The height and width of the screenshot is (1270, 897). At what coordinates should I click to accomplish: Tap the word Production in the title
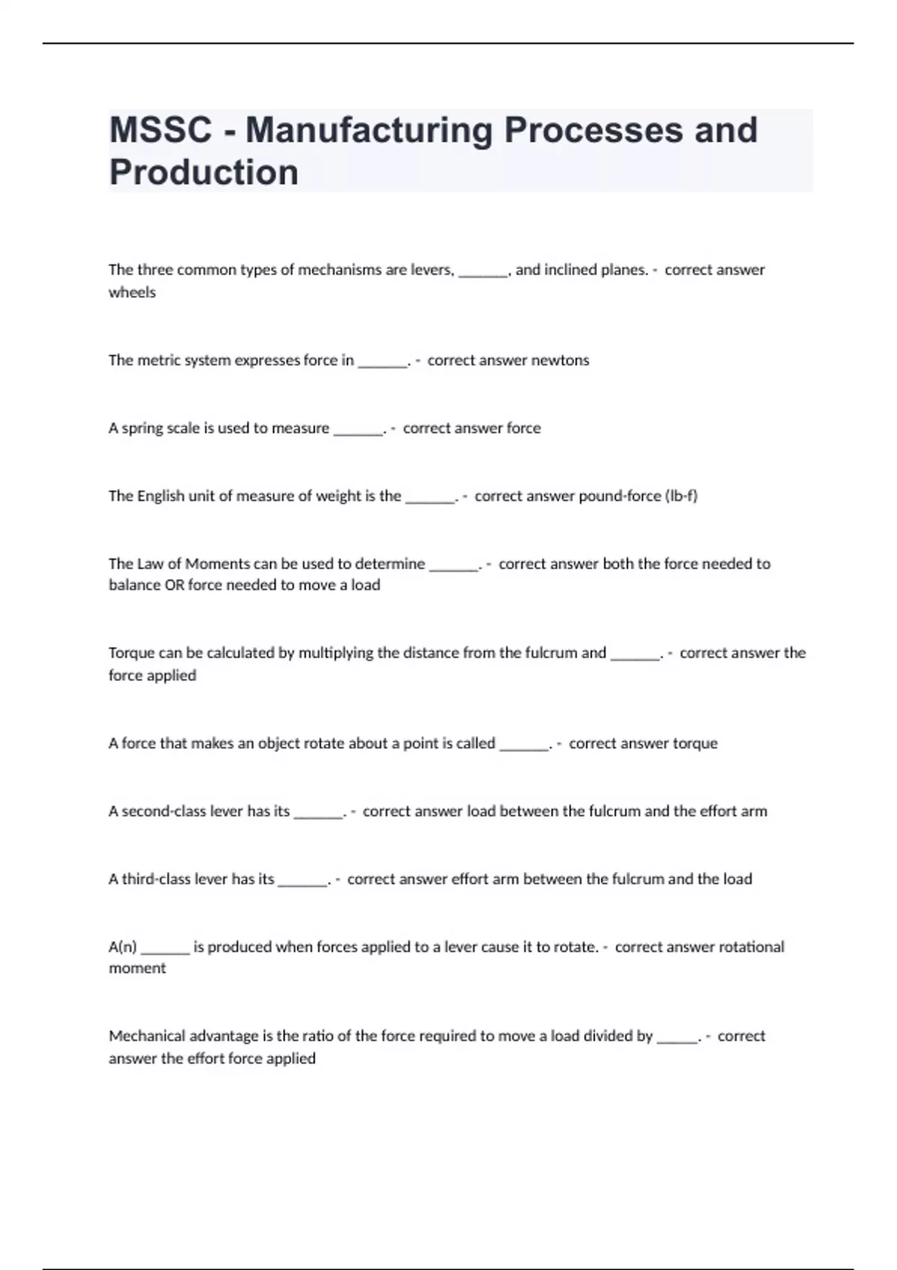point(203,173)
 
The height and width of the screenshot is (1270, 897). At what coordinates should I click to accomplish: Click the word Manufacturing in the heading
point(369,130)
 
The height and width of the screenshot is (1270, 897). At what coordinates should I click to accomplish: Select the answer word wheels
point(132,293)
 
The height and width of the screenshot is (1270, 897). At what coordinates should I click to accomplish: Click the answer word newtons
point(560,360)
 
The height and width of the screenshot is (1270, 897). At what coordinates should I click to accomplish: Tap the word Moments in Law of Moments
point(217,564)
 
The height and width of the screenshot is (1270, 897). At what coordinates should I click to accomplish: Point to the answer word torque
point(695,743)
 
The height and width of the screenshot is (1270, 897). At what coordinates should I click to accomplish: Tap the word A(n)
point(123,947)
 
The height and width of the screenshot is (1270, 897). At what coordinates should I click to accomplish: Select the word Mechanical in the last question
point(147,1036)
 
